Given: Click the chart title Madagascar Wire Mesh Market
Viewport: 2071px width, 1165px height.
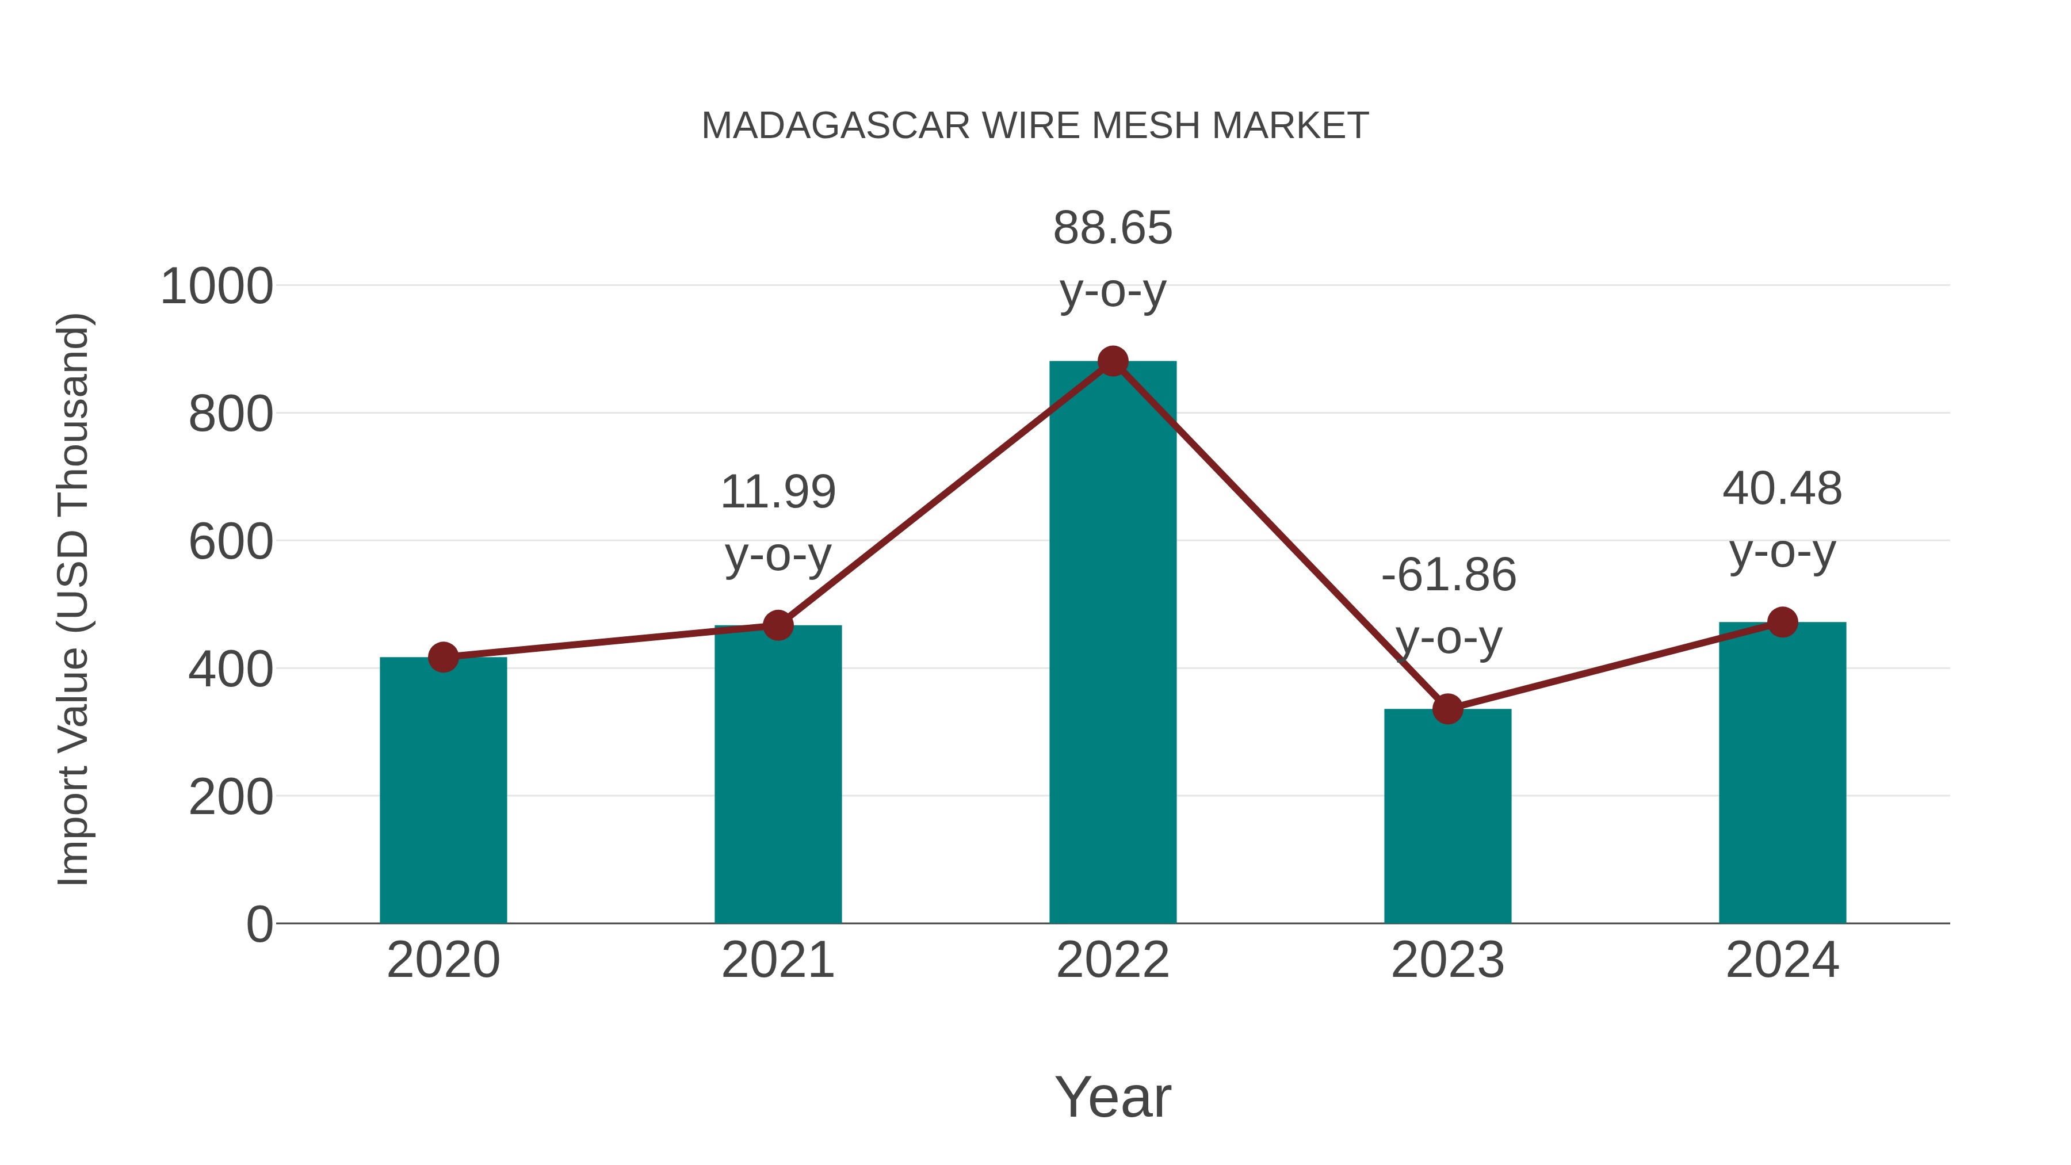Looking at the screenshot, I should tap(1035, 126).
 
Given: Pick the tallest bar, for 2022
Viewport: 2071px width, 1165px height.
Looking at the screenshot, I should tap(1113, 643).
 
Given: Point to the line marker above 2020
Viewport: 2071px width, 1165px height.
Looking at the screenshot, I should tap(443, 658).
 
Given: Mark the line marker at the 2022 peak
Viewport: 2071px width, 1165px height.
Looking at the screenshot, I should tap(1113, 362).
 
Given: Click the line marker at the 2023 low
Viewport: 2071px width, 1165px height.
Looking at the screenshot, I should tap(1447, 709).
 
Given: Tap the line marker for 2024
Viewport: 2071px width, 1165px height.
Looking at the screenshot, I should tap(1782, 622).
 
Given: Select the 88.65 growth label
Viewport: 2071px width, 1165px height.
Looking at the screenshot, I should tap(1113, 228).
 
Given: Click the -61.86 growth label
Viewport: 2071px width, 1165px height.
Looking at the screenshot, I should tap(1448, 576).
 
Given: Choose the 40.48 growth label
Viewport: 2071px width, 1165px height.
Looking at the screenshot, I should tap(1782, 489).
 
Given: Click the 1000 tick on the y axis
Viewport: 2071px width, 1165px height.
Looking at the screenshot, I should tap(217, 287).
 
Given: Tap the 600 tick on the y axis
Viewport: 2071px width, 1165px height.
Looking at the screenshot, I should tap(231, 543).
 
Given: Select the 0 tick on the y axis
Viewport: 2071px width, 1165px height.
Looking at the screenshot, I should tap(259, 925).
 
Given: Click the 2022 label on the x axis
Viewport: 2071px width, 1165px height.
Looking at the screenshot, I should tap(1113, 961).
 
